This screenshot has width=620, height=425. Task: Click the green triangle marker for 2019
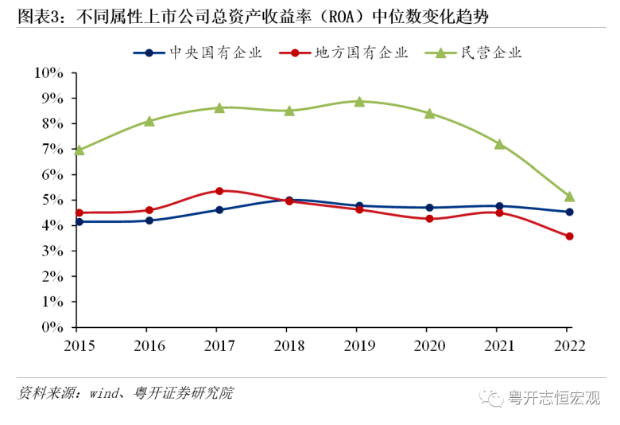coord(359,101)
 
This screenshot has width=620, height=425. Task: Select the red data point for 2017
coord(219,191)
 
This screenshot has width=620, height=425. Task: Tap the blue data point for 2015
coord(78,221)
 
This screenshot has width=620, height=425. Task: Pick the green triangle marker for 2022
coord(569,196)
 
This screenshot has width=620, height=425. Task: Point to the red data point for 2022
coord(569,236)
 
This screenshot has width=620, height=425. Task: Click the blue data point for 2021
coord(499,206)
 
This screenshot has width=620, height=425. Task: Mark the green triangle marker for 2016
coord(149,121)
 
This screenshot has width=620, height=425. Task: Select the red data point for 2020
coord(429,218)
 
